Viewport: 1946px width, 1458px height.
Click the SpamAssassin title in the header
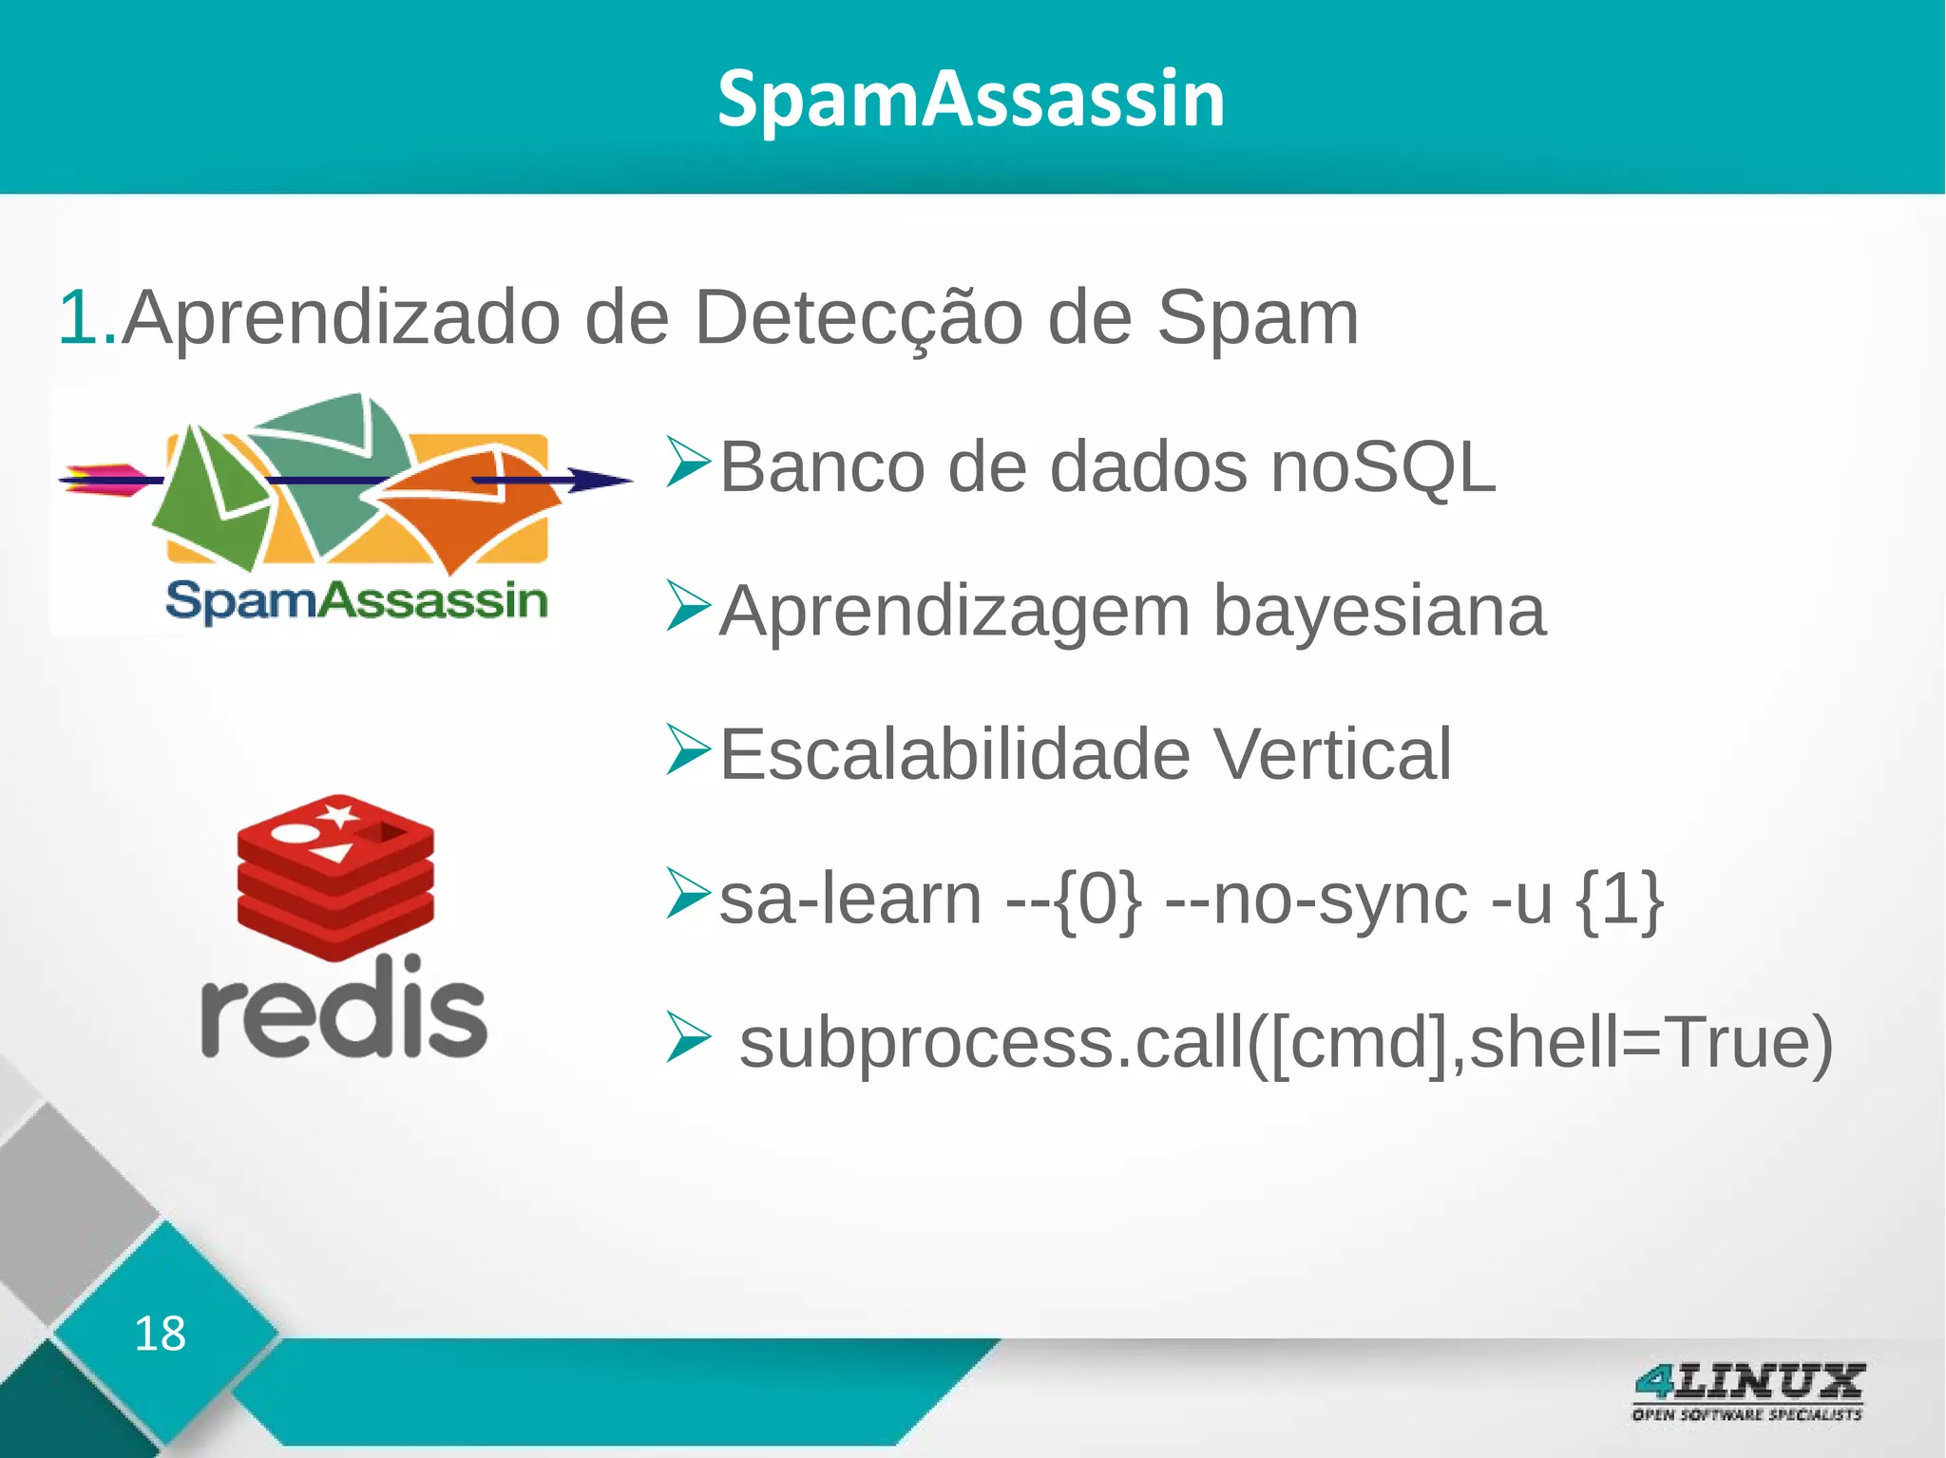971,99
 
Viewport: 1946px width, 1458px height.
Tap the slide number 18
160,1334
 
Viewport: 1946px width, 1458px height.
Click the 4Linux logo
1747,1391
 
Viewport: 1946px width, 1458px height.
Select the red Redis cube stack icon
335,876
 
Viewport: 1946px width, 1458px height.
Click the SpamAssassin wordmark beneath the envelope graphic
356,601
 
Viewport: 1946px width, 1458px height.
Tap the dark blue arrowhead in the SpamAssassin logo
599,480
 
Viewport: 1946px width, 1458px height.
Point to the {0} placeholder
1098,899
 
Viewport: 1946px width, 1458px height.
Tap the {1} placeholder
1619,899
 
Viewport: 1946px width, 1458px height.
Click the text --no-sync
1317,899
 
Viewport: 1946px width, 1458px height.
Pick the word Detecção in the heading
859,318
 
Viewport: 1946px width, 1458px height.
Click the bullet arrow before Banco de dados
688,463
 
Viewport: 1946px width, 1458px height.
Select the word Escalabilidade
955,754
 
